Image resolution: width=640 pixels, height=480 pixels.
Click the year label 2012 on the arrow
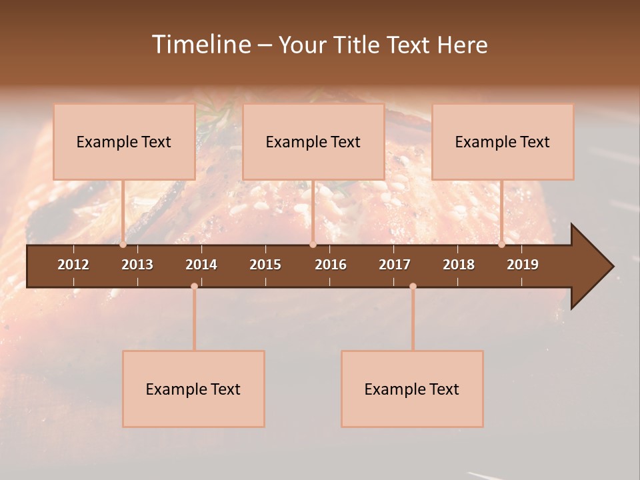[x=73, y=265]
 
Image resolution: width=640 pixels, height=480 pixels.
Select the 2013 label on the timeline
[x=137, y=265]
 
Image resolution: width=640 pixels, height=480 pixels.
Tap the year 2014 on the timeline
[x=201, y=265]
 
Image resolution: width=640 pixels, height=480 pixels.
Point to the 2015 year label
[x=265, y=265]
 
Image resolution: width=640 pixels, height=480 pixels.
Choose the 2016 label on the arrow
[x=331, y=265]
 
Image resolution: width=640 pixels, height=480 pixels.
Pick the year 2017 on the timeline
[x=395, y=265]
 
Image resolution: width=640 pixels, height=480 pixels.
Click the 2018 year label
[x=459, y=265]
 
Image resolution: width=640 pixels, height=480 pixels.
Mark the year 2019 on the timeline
[x=523, y=265]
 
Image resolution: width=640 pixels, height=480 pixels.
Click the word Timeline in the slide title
[x=201, y=45]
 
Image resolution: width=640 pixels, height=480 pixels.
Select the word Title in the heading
[x=358, y=45]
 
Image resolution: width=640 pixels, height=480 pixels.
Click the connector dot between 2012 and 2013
[x=123, y=245]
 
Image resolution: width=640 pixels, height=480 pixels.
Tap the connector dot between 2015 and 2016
[x=313, y=245]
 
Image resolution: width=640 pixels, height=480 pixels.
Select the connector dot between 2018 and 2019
[x=501, y=245]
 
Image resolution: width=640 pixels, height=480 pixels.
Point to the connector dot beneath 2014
[x=194, y=287]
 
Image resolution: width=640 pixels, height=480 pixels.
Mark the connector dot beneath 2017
[x=413, y=287]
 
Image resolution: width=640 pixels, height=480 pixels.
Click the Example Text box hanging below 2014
[x=193, y=389]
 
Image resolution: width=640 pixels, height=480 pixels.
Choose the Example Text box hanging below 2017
[x=412, y=389]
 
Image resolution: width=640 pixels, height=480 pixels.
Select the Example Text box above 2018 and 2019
[x=503, y=141]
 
